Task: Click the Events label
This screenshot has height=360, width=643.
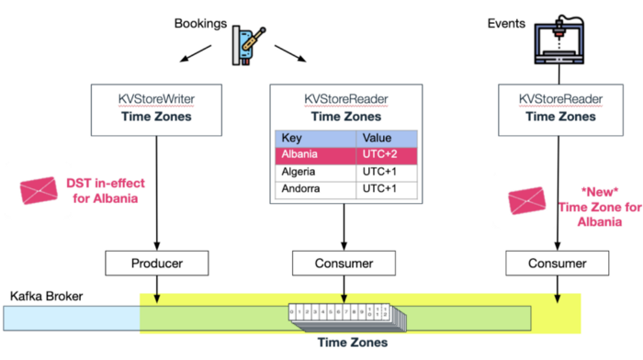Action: [506, 20]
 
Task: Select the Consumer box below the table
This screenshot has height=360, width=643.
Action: [344, 264]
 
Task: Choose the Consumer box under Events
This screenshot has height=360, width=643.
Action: [558, 264]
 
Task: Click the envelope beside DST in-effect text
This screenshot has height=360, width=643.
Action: [39, 192]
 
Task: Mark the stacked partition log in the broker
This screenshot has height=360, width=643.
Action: [344, 318]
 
